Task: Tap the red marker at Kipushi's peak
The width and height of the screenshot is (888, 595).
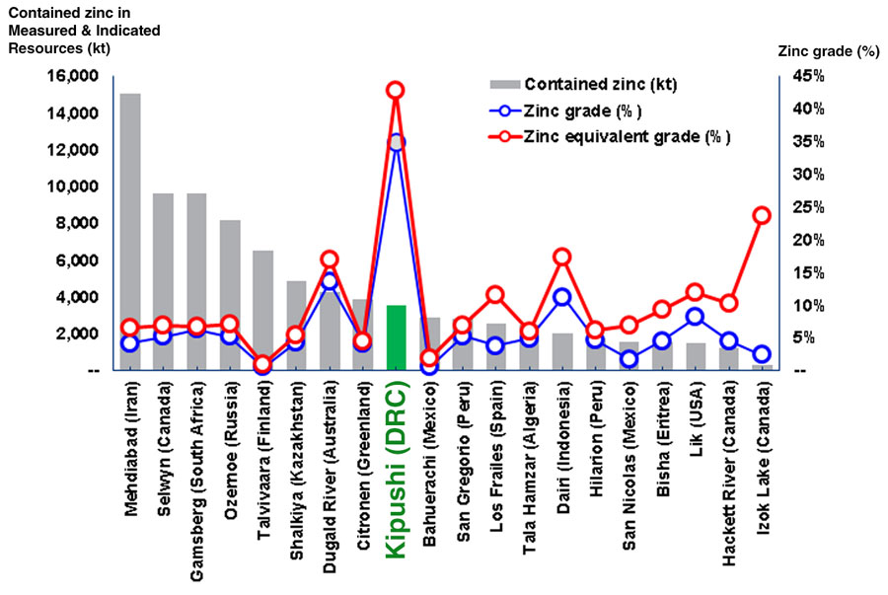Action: click(x=396, y=91)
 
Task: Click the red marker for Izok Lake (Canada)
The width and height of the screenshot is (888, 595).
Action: click(x=761, y=215)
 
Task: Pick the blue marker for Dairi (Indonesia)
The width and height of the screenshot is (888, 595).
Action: click(x=561, y=297)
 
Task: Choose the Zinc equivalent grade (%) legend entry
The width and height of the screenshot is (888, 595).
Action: click(x=628, y=137)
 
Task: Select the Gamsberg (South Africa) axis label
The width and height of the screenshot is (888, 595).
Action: click(x=196, y=465)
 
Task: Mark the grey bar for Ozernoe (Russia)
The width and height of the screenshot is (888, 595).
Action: click(x=230, y=295)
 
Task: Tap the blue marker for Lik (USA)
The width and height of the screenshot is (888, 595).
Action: click(x=695, y=317)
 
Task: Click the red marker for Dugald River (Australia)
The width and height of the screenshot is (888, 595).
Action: click(x=330, y=260)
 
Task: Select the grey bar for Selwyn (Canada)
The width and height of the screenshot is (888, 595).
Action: click(x=164, y=281)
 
